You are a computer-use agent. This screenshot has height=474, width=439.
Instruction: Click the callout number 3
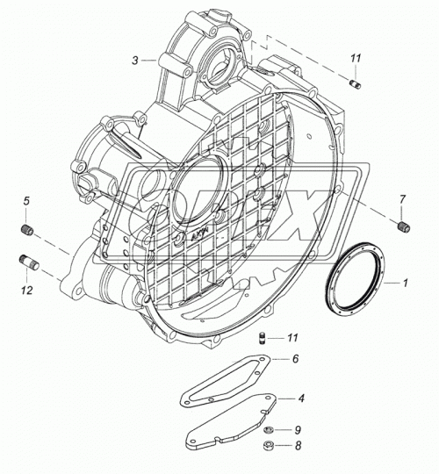135,61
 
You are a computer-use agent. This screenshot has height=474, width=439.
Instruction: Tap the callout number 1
405,283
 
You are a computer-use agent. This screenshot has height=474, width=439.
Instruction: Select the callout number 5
26,201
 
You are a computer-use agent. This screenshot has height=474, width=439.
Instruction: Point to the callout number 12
26,291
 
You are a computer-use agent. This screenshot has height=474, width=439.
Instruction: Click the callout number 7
402,199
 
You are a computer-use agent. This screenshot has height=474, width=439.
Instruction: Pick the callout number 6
295,359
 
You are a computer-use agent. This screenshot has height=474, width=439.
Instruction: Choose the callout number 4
301,399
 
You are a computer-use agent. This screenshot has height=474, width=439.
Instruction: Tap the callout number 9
298,430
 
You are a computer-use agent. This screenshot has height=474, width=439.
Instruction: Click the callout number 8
299,445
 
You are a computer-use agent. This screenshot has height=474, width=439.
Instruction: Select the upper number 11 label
356,58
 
